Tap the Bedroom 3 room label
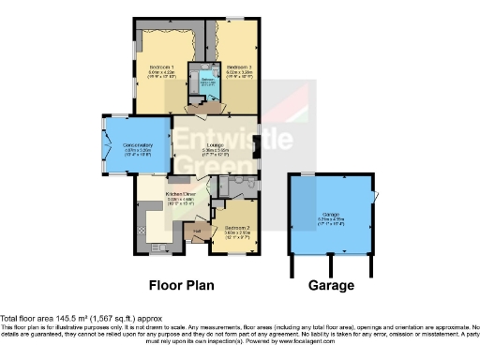[235, 67]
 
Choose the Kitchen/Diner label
[180, 193]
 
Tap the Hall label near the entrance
[198, 230]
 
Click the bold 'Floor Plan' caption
[183, 284]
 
